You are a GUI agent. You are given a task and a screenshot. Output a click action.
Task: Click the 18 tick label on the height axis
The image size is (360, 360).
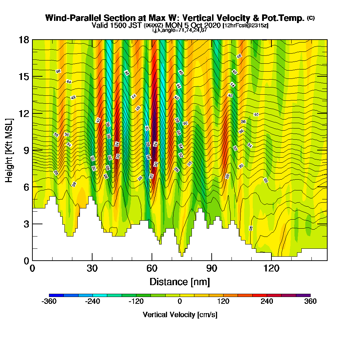coord(24,40)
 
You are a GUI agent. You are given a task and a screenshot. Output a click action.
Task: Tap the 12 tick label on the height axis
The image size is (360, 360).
coord(24,113)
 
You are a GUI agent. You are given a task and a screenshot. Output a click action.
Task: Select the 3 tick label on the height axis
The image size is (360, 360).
coord(26,224)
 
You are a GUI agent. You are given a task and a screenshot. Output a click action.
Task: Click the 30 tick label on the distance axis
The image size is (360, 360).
coord(92,268)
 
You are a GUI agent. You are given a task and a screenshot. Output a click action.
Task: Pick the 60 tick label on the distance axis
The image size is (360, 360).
coord(152,268)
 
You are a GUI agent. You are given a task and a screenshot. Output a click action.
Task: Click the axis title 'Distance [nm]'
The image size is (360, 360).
coord(180,282)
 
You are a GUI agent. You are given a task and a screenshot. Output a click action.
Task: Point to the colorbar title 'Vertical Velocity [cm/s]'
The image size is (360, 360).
coord(180,315)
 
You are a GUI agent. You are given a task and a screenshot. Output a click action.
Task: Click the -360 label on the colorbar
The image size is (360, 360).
coord(49,302)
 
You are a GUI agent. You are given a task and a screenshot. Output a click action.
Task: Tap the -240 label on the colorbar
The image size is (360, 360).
coord(93,302)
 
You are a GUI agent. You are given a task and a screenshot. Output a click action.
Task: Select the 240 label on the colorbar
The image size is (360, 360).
coord(267,302)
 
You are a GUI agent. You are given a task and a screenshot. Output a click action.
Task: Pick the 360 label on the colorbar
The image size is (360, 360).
coord(310,302)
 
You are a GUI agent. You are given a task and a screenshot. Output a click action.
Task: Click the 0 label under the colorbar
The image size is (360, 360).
coord(180,302)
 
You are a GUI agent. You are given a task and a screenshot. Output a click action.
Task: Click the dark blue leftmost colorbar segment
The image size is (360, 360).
coord(56,295)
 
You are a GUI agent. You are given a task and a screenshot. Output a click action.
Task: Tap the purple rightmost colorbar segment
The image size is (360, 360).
coord(303,295)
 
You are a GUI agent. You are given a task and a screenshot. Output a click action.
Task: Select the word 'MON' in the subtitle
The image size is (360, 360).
coord(176,26)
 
